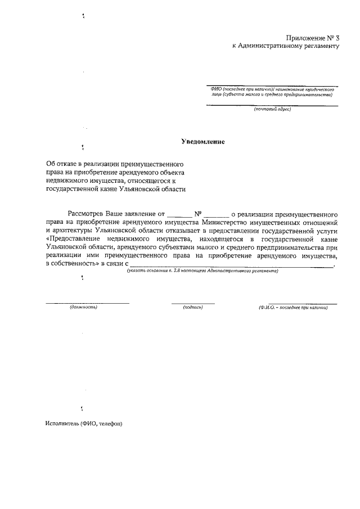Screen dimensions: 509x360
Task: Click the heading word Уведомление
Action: point(202,142)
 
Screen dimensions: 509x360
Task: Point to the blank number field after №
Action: point(216,214)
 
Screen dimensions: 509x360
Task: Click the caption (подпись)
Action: point(193,308)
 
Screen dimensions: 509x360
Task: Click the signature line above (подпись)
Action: point(193,303)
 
